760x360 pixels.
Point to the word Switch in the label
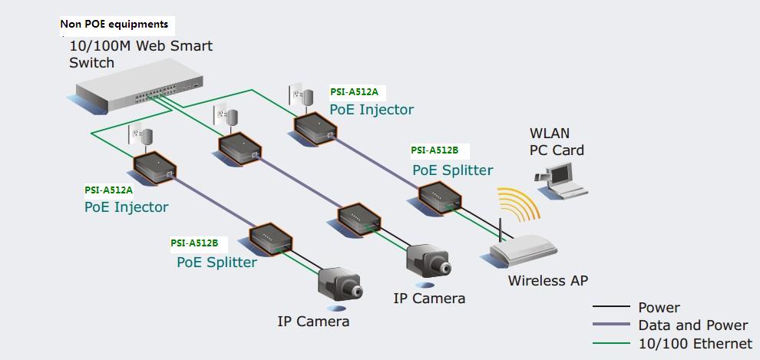(x=91, y=63)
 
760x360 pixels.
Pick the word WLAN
(x=549, y=134)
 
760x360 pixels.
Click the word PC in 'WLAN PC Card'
(x=540, y=150)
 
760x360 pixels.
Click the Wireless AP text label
(x=547, y=281)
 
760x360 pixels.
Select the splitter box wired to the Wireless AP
(x=439, y=197)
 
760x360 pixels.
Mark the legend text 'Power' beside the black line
(x=659, y=308)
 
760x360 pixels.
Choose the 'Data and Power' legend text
(x=692, y=325)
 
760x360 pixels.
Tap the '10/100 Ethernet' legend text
(x=695, y=344)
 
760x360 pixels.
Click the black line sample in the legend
(x=610, y=308)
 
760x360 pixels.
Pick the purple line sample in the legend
(x=610, y=325)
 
